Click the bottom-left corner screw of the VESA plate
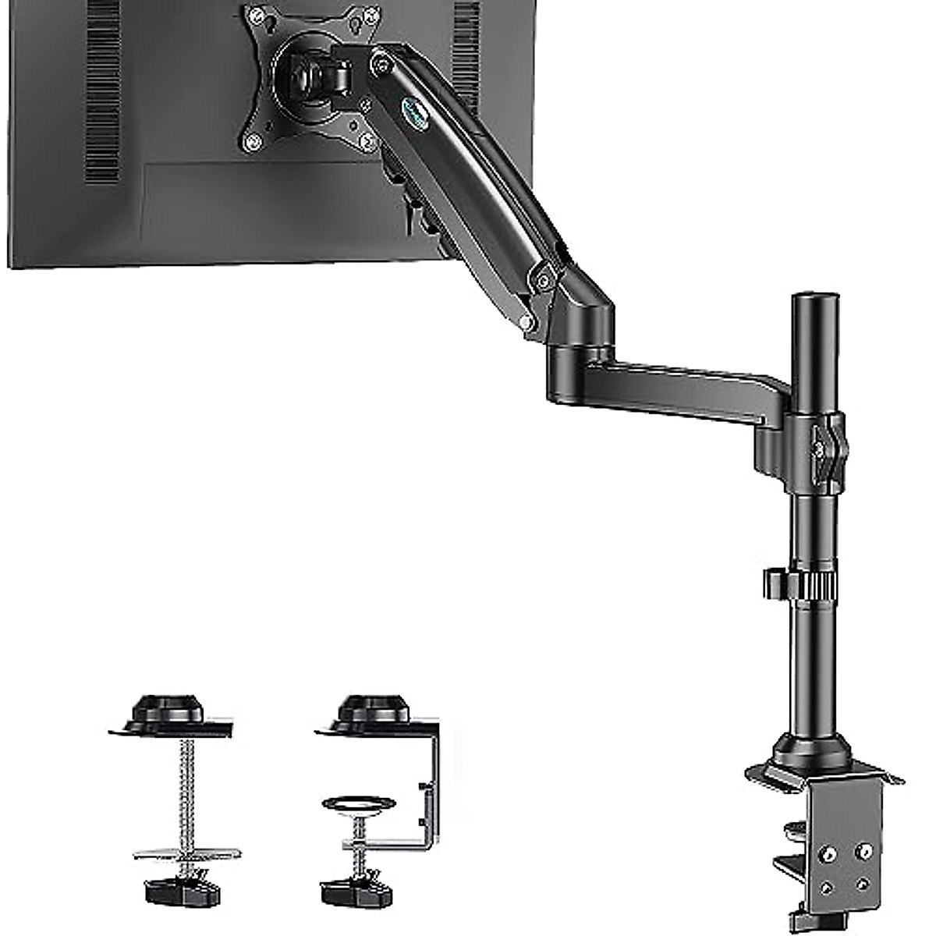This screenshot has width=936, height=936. (252, 142)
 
